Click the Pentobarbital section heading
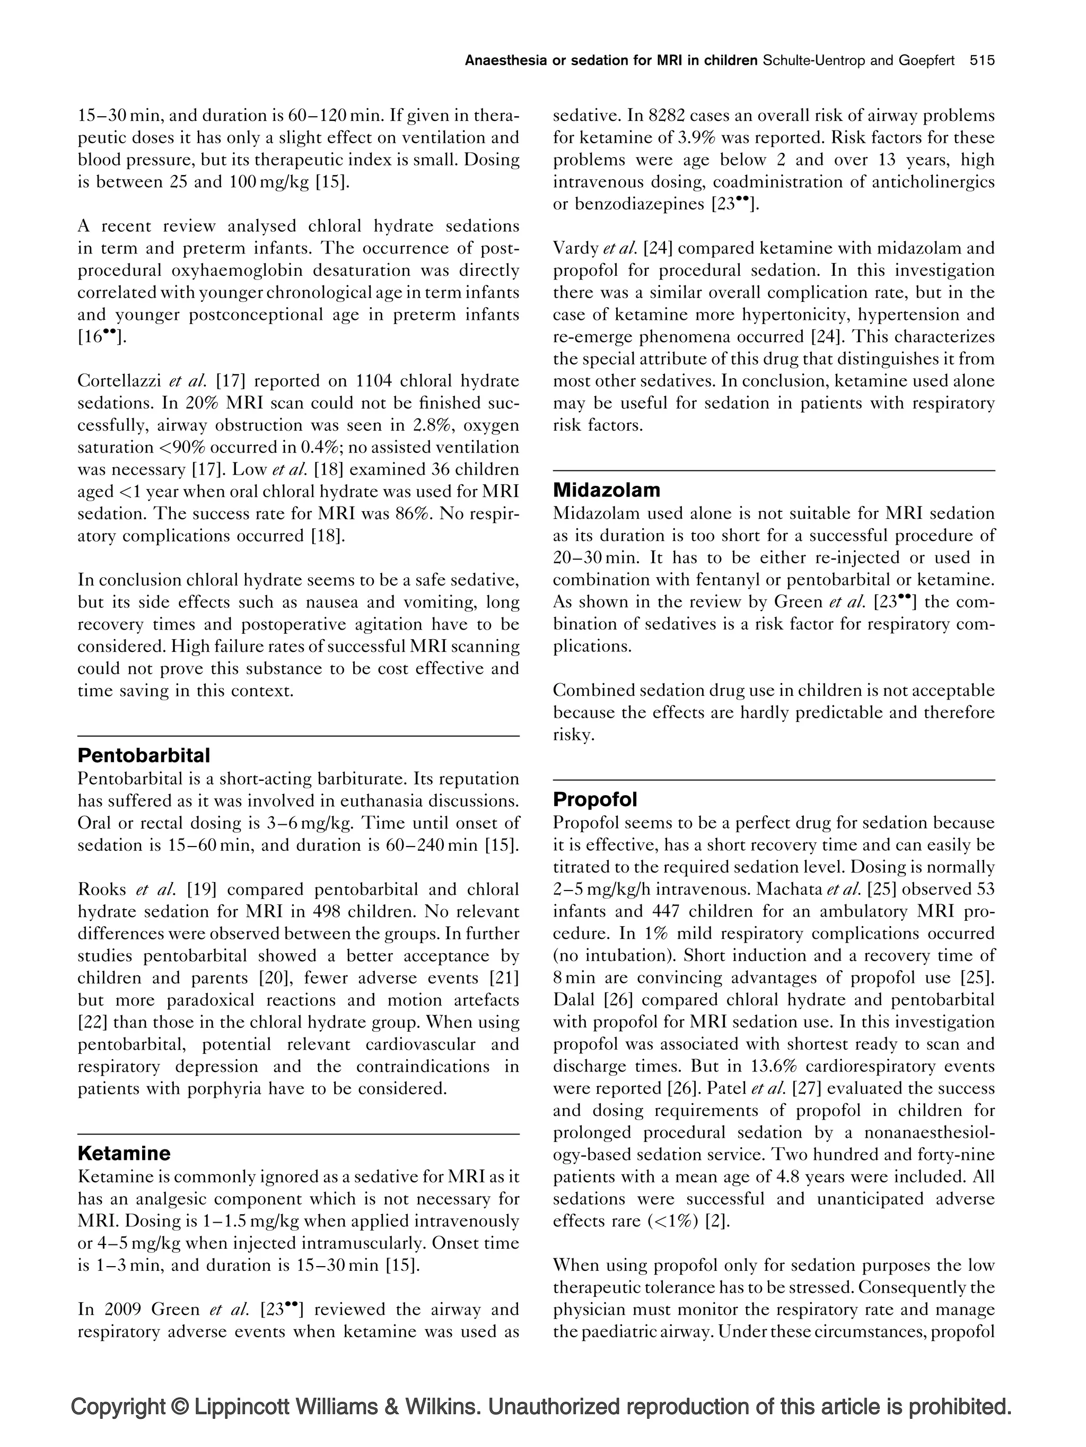(144, 755)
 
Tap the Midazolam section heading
(606, 490)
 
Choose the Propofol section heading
(594, 799)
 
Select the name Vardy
(575, 249)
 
